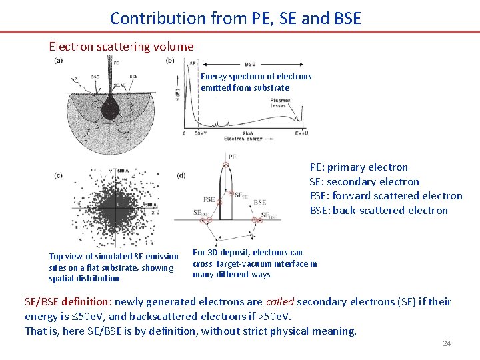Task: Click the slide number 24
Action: pos(447,343)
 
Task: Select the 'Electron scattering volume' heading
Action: pos(121,47)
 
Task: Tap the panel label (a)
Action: pos(59,61)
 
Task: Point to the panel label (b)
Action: pos(170,61)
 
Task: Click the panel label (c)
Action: pos(59,175)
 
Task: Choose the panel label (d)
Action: pos(181,175)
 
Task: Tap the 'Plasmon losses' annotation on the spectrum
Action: pos(281,103)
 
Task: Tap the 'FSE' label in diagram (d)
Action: pos(209,199)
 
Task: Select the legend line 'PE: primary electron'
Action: pos(359,167)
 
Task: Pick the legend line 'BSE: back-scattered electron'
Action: pos(379,211)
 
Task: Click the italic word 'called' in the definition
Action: pos(280,302)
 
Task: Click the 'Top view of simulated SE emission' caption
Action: pos(113,257)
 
